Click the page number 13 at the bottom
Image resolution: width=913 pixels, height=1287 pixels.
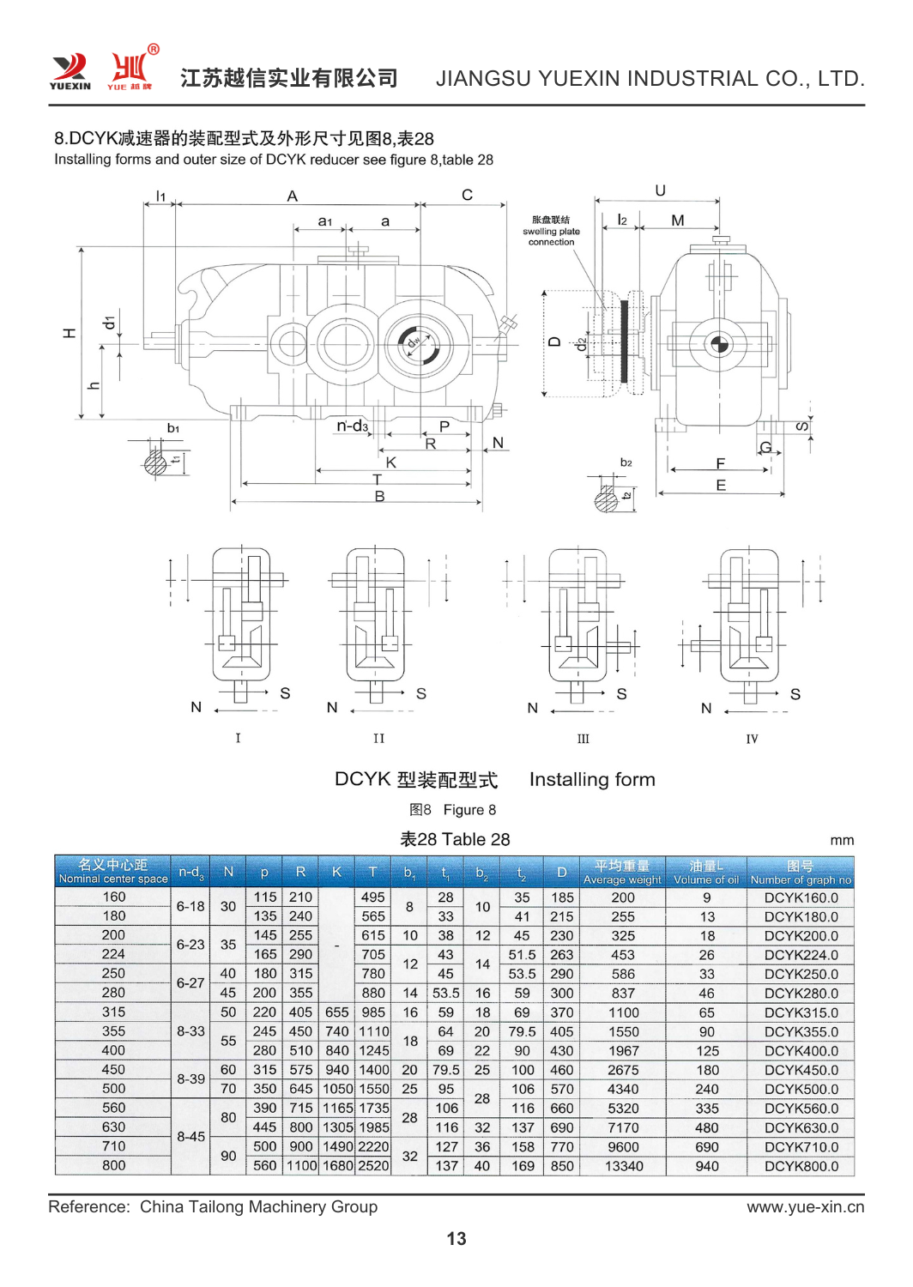pyautogui.click(x=456, y=1238)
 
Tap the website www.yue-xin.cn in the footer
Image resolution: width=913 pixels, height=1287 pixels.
pyautogui.click(x=805, y=1206)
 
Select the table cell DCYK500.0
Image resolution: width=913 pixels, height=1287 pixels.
pyautogui.click(x=801, y=1089)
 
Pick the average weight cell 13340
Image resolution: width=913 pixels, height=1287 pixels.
pyautogui.click(x=624, y=1166)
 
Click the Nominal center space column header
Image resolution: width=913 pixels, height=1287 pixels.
pyautogui.click(x=113, y=872)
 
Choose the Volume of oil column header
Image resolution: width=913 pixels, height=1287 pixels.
pyautogui.click(x=706, y=873)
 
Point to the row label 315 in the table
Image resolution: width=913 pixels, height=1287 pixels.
pyautogui.click(x=113, y=1012)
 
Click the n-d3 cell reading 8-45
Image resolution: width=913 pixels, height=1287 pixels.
pyautogui.click(x=190, y=1137)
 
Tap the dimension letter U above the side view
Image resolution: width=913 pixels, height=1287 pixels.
pyautogui.click(x=660, y=190)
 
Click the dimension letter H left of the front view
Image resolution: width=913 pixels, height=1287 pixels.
pyautogui.click(x=69, y=333)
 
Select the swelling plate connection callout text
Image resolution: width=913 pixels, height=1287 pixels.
pyautogui.click(x=551, y=231)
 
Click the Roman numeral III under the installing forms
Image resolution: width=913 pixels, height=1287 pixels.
pyautogui.click(x=583, y=739)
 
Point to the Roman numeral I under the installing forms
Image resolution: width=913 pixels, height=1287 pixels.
pyautogui.click(x=238, y=738)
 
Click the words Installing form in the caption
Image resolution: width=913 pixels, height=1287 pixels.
pyautogui.click(x=592, y=779)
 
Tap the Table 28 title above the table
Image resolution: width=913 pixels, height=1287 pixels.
pyautogui.click(x=455, y=839)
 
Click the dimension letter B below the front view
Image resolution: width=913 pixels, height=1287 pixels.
pyautogui.click(x=379, y=496)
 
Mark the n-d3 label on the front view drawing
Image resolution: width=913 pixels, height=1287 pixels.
pyautogui.click(x=352, y=426)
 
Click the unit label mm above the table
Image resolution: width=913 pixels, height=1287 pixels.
pyautogui.click(x=842, y=840)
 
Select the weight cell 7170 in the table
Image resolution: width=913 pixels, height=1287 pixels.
pyautogui.click(x=623, y=1127)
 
